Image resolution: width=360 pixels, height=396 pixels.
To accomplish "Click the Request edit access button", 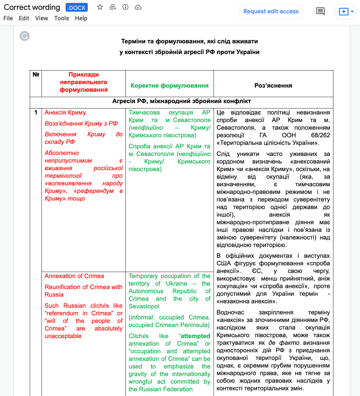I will (271, 11).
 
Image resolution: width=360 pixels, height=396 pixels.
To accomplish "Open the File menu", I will (8, 18).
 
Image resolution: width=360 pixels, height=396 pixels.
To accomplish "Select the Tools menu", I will (61, 18).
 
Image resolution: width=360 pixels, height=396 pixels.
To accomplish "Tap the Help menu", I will (81, 18).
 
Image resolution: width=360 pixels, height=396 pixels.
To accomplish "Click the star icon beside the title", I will (100, 7).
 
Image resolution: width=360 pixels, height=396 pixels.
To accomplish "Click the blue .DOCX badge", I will (77, 8).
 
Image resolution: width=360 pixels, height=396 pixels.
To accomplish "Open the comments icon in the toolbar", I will (320, 11).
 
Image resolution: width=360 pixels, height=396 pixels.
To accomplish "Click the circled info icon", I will (125, 7).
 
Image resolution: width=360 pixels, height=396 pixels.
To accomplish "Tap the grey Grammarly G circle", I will (25, 36).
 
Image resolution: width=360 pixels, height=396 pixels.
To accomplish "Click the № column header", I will (36, 75).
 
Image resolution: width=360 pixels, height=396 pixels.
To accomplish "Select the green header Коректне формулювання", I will (170, 86).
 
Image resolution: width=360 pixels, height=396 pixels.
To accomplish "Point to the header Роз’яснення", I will (273, 86).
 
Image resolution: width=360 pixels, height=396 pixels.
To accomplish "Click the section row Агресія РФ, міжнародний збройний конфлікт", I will (182, 101).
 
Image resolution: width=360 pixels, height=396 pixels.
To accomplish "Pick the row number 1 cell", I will (36, 113).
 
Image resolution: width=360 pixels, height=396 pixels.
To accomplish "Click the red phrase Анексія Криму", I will (65, 113).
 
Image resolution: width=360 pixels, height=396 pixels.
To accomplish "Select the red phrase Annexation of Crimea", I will (74, 276).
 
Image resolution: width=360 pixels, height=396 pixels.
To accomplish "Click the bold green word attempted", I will (195, 336).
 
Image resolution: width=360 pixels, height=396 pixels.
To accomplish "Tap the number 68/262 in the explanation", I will (320, 135).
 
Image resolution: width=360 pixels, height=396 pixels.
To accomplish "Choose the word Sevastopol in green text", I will (144, 306).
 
